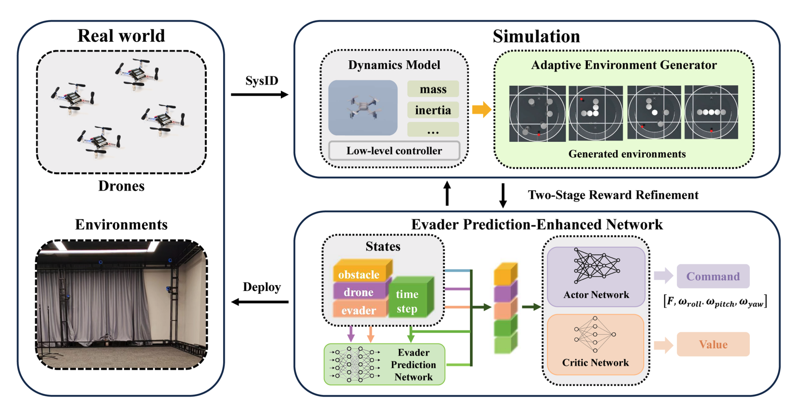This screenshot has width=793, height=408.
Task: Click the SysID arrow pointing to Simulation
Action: (259, 94)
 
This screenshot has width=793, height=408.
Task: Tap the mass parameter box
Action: (433, 89)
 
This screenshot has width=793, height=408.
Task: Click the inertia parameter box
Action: (433, 110)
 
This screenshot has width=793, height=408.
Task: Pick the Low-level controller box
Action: (394, 151)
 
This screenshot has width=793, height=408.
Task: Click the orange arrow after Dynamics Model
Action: (481, 110)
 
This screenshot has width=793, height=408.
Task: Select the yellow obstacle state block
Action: (359, 274)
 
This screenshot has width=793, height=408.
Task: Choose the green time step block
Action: (407, 301)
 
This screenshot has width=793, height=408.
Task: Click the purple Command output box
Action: (713, 276)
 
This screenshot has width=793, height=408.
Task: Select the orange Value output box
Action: (713, 344)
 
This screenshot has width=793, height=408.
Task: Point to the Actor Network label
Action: (596, 295)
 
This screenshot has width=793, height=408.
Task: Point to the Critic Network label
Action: (595, 363)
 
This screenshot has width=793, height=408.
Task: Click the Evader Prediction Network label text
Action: (413, 364)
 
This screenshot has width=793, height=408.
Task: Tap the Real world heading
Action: (121, 36)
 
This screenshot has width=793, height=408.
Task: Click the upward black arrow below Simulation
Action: (447, 194)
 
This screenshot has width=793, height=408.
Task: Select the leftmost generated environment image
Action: (537, 113)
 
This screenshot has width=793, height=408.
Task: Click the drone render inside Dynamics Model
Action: (363, 108)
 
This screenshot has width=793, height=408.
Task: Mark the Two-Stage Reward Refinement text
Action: (613, 195)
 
